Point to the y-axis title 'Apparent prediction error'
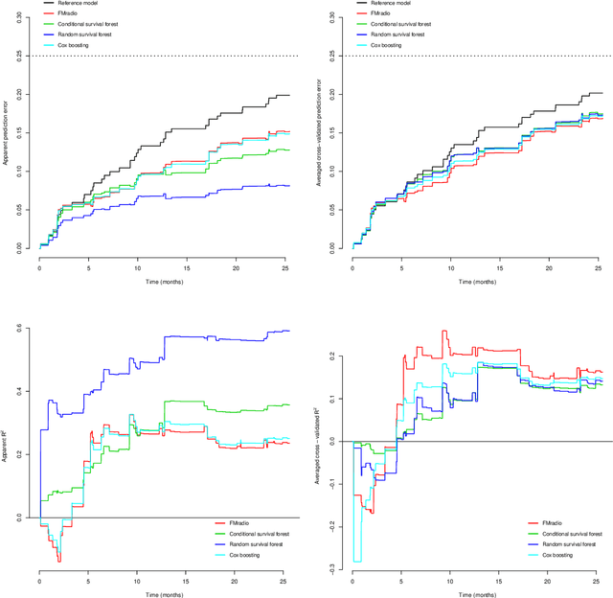7,133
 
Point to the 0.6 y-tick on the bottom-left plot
20,329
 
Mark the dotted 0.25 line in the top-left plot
163,57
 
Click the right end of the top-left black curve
289,95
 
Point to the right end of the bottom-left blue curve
289,331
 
